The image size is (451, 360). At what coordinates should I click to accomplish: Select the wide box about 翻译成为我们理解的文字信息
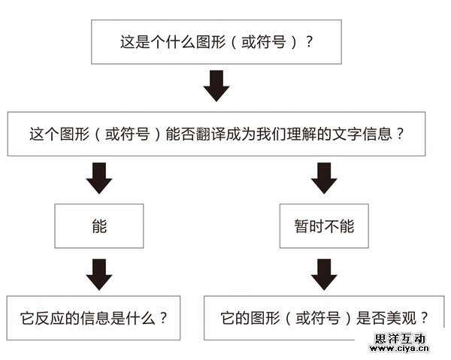coord(216,135)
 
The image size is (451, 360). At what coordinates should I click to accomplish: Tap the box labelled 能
coord(98,225)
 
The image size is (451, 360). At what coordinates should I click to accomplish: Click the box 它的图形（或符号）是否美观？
coord(325,317)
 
